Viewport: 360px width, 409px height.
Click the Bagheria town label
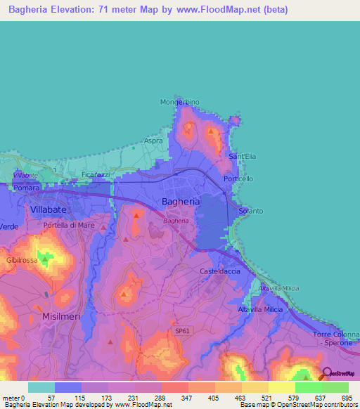[181, 201]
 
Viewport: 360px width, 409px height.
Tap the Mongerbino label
[180, 102]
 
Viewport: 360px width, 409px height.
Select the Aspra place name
[153, 141]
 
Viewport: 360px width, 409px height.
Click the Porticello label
[238, 178]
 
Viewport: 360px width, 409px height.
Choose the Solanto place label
[251, 211]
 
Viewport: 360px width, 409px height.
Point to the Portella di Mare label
[68, 225]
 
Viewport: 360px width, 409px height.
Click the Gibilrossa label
[20, 260]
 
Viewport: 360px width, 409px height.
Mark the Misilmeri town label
[61, 316]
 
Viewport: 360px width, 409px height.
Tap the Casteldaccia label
[220, 271]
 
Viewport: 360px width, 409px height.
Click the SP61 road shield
[183, 330]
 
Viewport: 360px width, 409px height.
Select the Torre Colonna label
[336, 334]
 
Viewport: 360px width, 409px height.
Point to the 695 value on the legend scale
[346, 398]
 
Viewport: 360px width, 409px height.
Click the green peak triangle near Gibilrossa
[45, 259]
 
